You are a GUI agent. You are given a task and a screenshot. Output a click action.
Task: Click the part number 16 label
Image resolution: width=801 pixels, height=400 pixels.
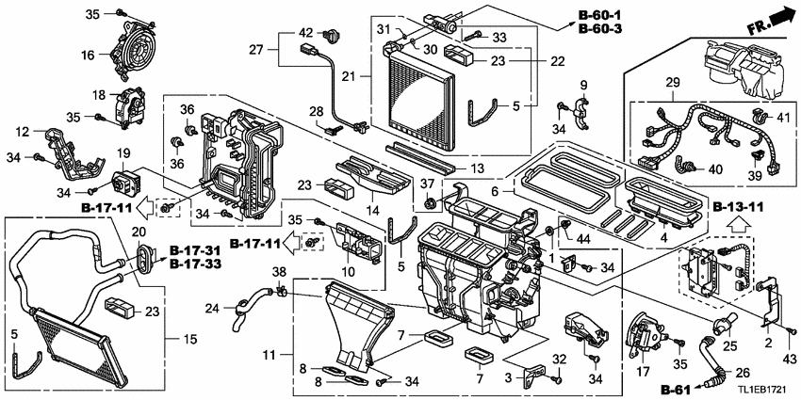87,56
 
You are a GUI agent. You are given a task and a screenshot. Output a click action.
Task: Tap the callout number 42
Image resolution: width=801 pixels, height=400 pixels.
305,34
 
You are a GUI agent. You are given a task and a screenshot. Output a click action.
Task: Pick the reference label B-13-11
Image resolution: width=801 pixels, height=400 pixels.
736,207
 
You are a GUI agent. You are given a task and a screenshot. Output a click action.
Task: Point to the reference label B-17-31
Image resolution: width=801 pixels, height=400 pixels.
198,250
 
